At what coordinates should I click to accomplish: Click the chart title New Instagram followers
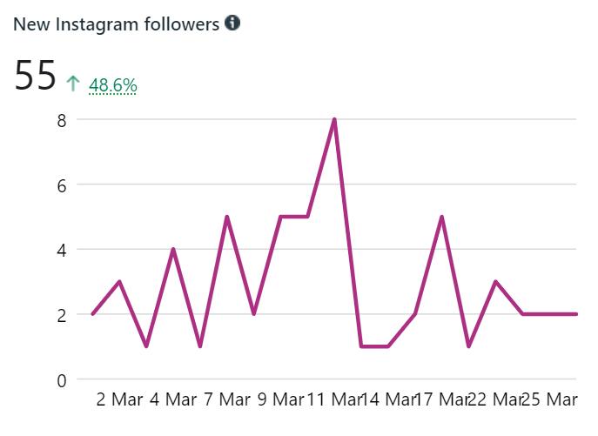tap(116, 24)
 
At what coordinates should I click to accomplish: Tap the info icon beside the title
tap(232, 23)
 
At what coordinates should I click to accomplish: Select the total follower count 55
tap(36, 77)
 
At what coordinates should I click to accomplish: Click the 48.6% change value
tap(113, 85)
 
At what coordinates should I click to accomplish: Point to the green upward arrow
tap(73, 84)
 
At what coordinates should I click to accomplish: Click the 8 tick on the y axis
tap(62, 120)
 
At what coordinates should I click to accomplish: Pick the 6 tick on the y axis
tap(62, 184)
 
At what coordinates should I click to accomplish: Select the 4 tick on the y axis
tap(62, 250)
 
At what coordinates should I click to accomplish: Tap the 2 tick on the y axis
tap(62, 315)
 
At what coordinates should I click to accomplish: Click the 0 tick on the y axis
tap(62, 379)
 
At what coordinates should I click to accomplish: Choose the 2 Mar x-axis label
tap(119, 400)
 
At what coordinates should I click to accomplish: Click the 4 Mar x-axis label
tap(173, 400)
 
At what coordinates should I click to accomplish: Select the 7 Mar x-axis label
tap(227, 400)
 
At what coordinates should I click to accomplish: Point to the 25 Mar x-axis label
tap(549, 400)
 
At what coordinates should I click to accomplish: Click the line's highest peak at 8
tap(334, 119)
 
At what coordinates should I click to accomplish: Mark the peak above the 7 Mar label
tap(226, 217)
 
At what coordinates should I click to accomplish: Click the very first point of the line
tap(92, 314)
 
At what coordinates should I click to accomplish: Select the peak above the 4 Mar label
tap(173, 249)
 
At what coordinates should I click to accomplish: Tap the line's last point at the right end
tap(576, 314)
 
